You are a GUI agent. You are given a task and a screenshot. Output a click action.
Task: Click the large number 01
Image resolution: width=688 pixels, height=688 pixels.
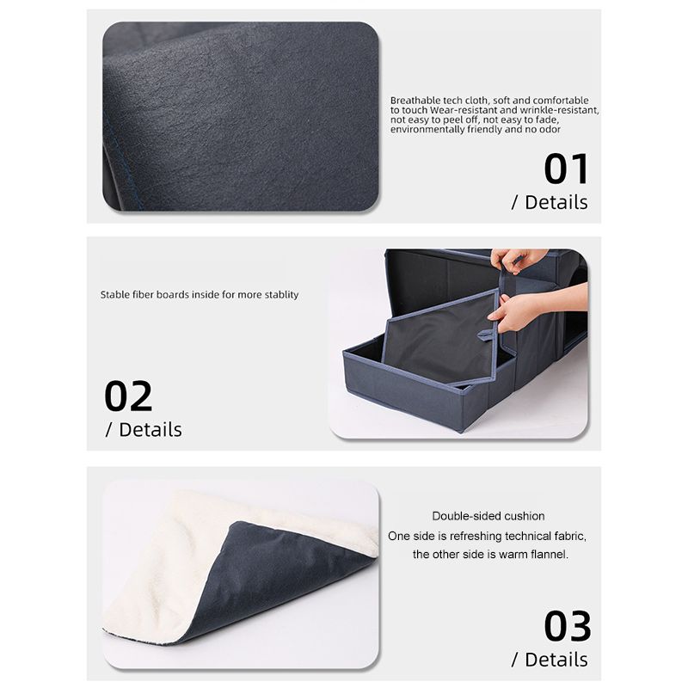pos(566,169)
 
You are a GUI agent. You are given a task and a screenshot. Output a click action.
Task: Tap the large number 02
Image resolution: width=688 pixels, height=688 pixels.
pos(128,396)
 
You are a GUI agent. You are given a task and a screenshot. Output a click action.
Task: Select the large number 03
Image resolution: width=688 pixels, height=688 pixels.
pos(568,626)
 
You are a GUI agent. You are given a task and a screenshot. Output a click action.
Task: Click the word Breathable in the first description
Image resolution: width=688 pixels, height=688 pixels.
pos(415,101)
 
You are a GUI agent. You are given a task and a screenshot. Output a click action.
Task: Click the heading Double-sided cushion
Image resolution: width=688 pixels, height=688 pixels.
pos(488,516)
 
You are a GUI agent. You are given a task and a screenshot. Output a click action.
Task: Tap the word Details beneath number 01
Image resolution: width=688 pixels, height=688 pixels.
pos(556,203)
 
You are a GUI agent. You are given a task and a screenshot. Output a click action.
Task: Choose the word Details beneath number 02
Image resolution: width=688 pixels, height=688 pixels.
pos(150,430)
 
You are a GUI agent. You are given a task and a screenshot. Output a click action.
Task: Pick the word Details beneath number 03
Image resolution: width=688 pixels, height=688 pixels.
pos(556,660)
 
